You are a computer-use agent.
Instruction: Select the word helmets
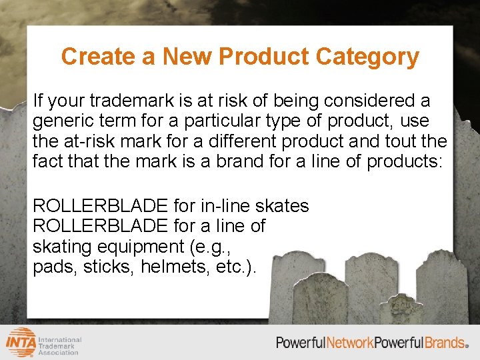179,267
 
